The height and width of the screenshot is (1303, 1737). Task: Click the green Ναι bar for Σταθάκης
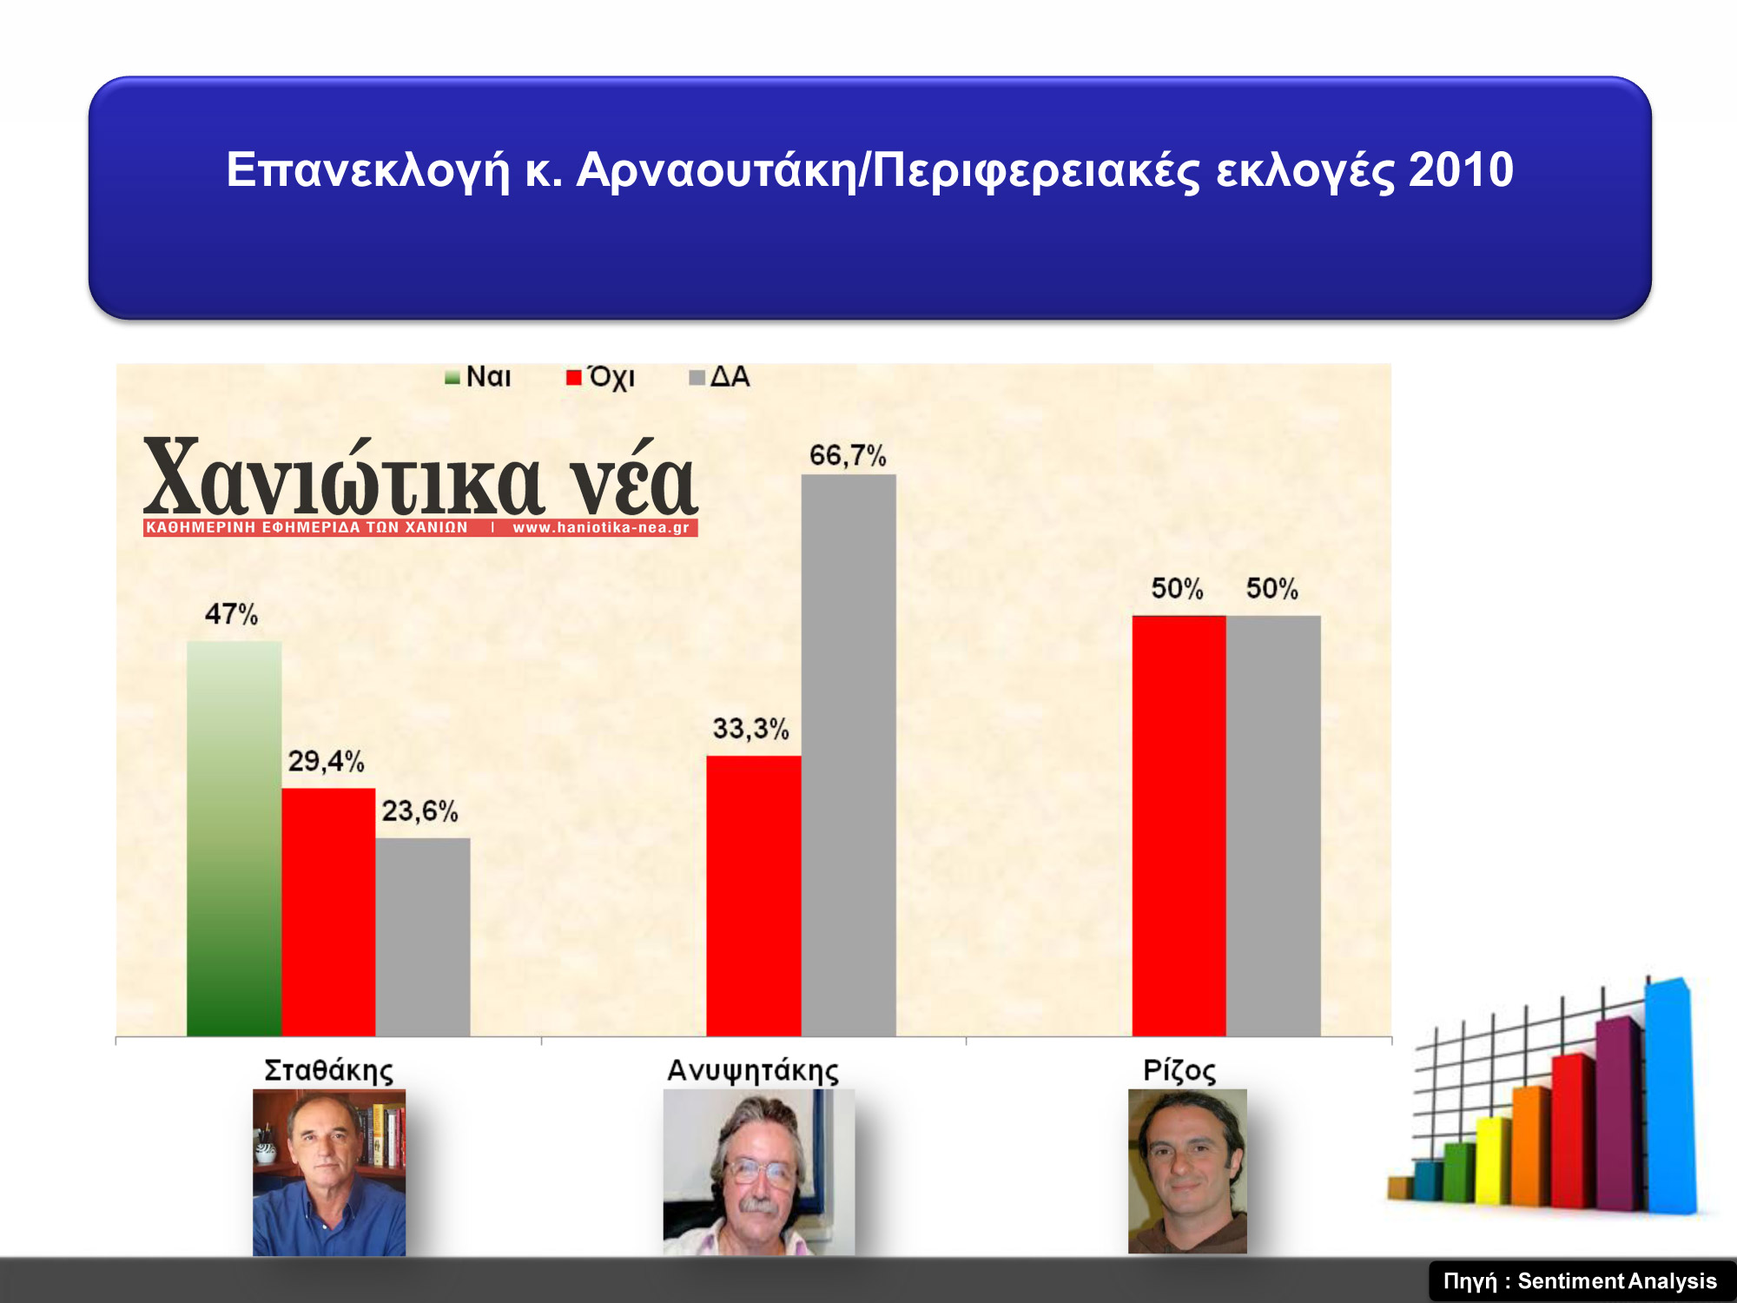pos(234,838)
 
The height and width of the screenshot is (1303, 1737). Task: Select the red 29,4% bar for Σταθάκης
pos(328,912)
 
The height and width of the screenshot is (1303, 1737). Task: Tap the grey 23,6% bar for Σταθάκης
pos(423,936)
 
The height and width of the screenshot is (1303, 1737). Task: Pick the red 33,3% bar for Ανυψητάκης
pos(754,896)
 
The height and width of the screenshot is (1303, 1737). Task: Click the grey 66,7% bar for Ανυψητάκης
pos(849,755)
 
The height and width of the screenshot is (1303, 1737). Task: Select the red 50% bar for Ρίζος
pos(1179,825)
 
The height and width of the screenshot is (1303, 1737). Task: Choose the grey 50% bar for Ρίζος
pos(1273,825)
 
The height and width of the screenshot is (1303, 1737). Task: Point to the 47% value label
pos(231,614)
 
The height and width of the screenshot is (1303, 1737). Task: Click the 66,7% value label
pos(848,455)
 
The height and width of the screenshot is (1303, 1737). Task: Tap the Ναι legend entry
pos(478,377)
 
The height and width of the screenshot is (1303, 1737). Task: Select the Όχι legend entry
pos(600,377)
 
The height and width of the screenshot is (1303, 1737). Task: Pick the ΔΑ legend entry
pos(719,377)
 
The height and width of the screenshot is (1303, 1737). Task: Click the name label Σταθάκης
pos(328,1070)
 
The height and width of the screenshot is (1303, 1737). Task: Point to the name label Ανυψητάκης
pos(753,1070)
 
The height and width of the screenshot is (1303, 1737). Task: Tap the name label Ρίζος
pos(1179,1070)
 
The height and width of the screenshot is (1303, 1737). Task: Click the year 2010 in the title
pos(1461,169)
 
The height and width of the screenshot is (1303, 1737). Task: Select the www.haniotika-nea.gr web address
pos(601,527)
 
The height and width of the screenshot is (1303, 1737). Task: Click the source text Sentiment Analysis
pos(1617,1281)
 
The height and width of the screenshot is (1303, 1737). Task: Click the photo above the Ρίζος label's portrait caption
pos(1187,1171)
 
